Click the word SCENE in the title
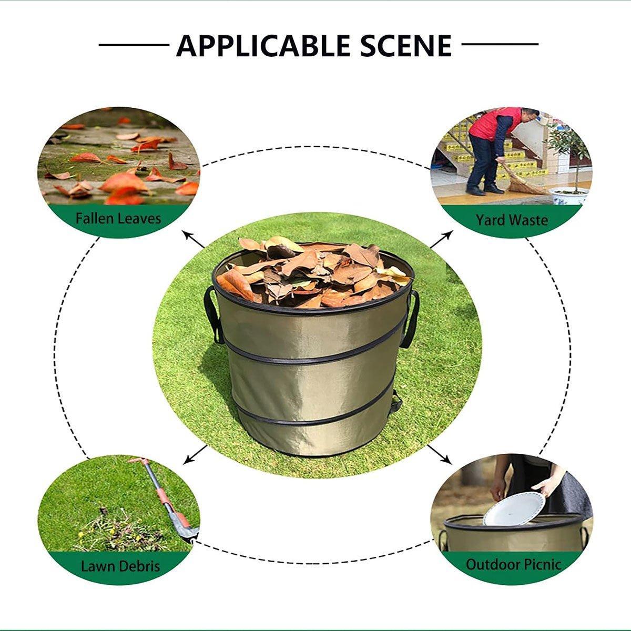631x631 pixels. [x=406, y=46]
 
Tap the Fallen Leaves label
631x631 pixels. [x=118, y=218]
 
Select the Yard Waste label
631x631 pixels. [x=512, y=219]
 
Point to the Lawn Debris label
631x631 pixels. [x=120, y=566]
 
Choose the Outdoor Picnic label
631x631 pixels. [x=514, y=565]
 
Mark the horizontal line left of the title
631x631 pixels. [x=134, y=45]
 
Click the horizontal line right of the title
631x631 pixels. [x=500, y=45]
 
